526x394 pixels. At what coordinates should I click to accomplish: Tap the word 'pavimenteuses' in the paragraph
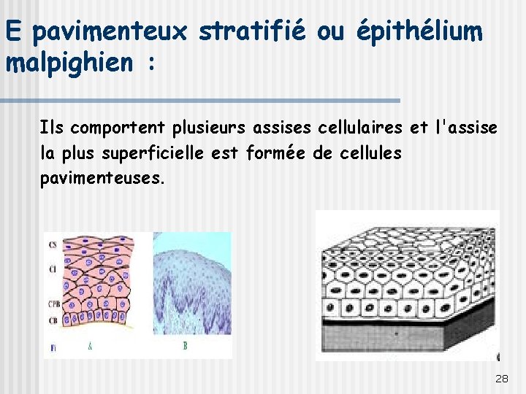pos(99,177)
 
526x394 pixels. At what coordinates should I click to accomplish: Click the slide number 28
pos(502,379)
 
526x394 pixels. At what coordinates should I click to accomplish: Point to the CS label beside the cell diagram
pos(52,245)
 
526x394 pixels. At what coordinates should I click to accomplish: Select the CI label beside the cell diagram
pos(52,270)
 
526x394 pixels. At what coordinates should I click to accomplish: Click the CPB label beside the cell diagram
pos(53,304)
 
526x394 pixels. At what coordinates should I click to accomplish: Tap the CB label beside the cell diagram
pos(52,320)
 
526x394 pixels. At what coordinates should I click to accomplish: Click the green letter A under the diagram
pos(90,346)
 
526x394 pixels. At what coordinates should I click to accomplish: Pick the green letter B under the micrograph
pos(185,346)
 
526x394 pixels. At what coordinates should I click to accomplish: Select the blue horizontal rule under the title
pos(200,100)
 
